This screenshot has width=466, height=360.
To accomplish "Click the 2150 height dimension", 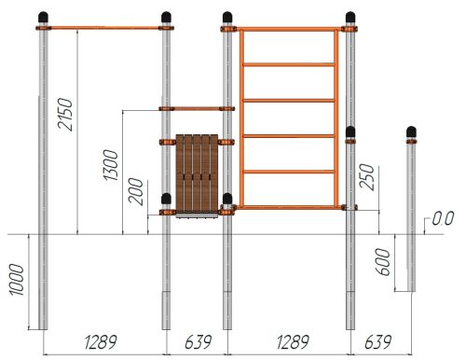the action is click(x=65, y=114).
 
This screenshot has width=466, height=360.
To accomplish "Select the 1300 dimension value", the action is click(x=111, y=165).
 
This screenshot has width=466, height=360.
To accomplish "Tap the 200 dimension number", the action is click(x=136, y=191).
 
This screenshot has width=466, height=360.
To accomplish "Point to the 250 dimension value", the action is click(x=366, y=177).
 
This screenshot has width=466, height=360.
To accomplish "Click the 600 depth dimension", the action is click(x=383, y=262).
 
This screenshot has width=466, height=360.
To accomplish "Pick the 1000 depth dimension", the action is click(x=17, y=280).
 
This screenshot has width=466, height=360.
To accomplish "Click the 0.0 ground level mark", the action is click(x=443, y=218).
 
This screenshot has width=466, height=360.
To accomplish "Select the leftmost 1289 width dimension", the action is click(x=101, y=342).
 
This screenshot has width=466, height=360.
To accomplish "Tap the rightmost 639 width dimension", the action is click(x=377, y=342).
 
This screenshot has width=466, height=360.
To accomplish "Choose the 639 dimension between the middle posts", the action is click(x=198, y=342).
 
